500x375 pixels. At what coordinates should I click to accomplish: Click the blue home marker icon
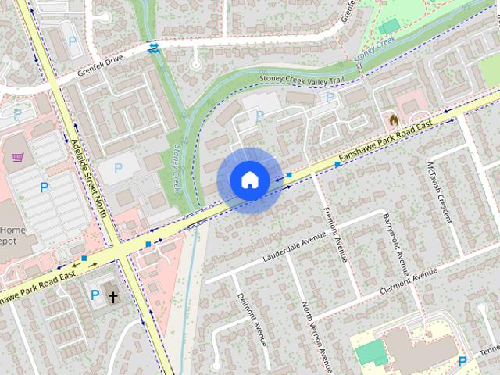(x=249, y=180)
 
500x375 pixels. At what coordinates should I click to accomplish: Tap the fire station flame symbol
(x=393, y=120)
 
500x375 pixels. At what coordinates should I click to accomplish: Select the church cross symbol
(x=113, y=297)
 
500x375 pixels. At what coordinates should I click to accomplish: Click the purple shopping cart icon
(x=17, y=158)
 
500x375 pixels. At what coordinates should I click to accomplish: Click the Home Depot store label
(x=12, y=235)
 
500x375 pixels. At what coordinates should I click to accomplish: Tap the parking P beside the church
(x=95, y=295)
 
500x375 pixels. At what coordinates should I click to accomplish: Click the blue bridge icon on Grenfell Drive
(x=154, y=47)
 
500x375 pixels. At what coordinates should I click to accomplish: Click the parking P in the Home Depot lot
(x=45, y=187)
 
